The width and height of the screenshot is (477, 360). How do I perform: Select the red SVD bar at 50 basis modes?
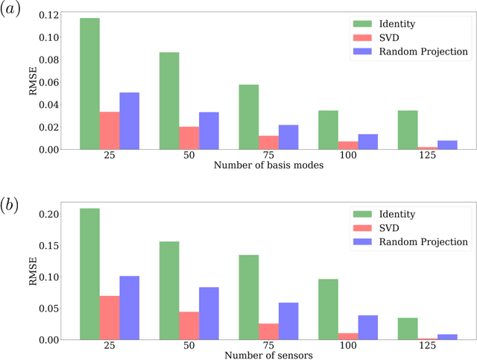point(189,138)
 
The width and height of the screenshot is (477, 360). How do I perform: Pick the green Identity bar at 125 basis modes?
point(407,130)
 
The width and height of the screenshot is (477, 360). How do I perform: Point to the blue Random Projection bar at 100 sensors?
point(367,327)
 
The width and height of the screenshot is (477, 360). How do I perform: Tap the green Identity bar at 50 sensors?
point(169,291)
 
